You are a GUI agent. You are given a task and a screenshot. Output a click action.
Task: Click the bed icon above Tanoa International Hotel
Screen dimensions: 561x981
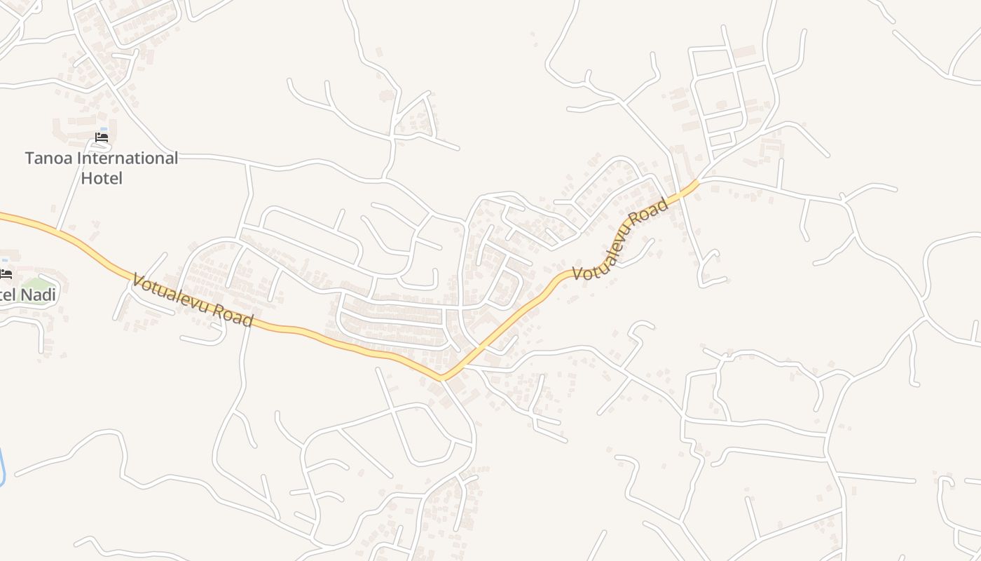click(x=102, y=137)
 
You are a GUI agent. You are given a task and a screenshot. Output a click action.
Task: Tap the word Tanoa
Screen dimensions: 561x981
click(x=49, y=158)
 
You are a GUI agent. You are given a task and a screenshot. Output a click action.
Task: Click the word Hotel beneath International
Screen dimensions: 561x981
click(x=102, y=178)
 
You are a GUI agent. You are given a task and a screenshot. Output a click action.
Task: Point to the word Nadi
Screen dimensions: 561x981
click(x=39, y=295)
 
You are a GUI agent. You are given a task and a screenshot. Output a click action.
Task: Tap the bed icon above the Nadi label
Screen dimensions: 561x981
click(x=6, y=273)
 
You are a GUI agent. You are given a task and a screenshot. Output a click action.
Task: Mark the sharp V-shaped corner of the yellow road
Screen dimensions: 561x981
click(x=443, y=379)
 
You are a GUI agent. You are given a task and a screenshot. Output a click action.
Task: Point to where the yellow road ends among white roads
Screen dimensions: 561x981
click(x=697, y=182)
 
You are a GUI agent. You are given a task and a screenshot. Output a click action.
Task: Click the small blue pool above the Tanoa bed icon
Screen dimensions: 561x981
click(x=104, y=129)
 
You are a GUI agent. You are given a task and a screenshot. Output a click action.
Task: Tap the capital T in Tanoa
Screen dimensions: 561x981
click(x=30, y=158)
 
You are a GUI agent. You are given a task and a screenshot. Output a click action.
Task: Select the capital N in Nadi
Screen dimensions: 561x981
click(x=25, y=295)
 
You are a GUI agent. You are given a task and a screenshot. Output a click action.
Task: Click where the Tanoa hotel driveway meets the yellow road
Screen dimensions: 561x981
click(x=57, y=229)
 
